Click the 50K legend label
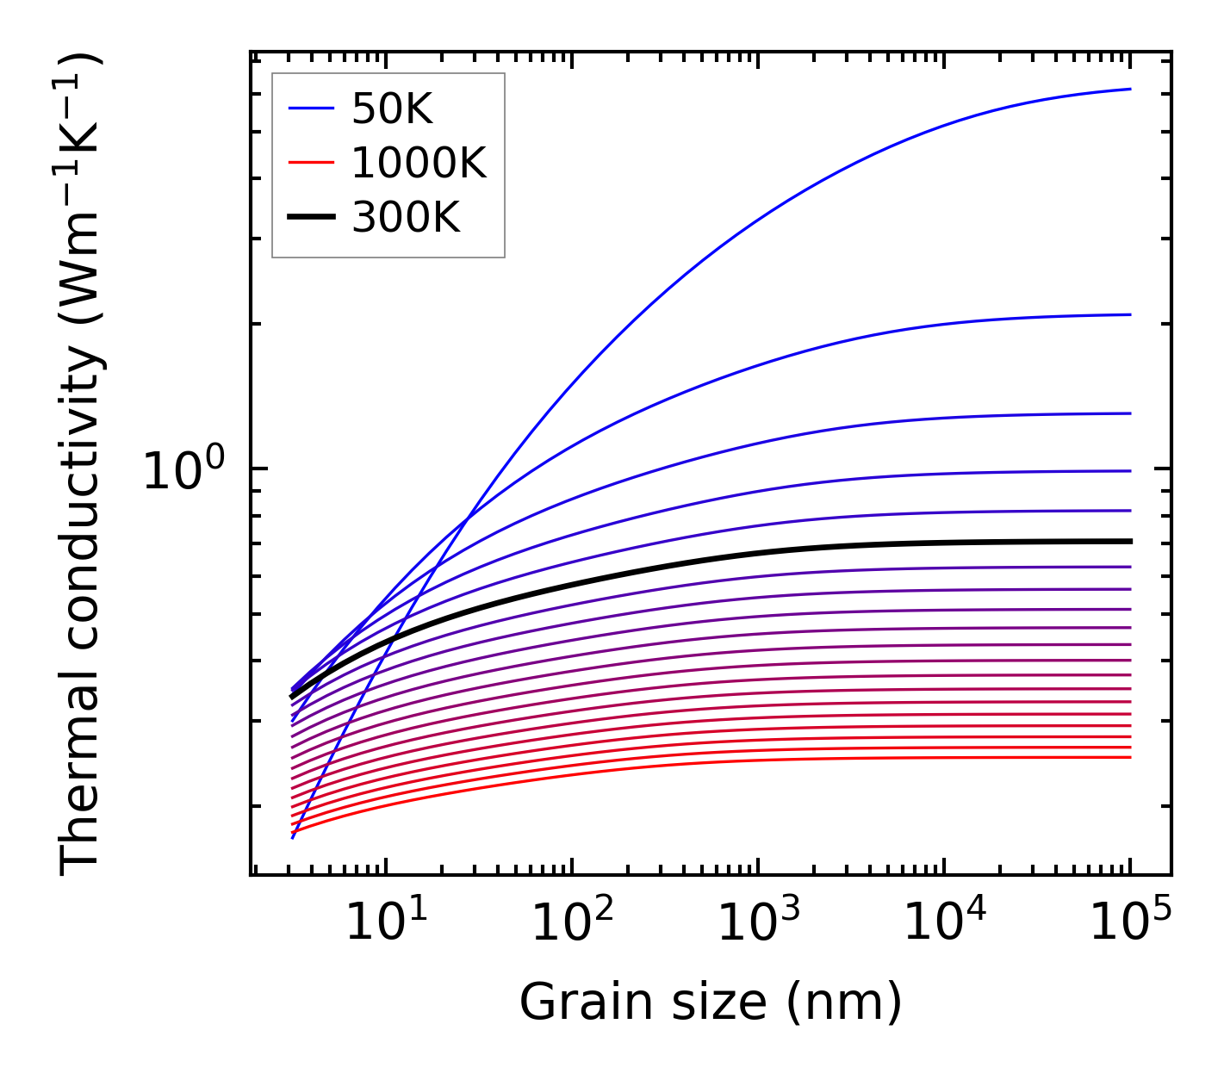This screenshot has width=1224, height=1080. (392, 109)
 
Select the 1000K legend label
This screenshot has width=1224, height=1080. (419, 163)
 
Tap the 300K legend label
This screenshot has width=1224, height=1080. (406, 218)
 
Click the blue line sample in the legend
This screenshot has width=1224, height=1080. (310, 109)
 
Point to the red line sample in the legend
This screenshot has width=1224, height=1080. (310, 163)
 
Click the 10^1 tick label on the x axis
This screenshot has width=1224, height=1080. (385, 925)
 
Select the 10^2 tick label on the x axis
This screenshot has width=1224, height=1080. (572, 925)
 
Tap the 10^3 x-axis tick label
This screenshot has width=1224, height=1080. (758, 925)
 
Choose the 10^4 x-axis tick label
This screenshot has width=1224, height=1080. (944, 925)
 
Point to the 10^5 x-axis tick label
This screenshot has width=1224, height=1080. (1130, 925)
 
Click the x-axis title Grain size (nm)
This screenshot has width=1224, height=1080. (711, 1002)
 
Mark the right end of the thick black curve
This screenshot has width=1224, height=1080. (1129, 541)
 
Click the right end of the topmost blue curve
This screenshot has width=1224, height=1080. (1129, 89)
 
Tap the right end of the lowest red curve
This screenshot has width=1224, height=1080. (1129, 757)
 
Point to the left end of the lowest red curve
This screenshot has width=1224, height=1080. (294, 832)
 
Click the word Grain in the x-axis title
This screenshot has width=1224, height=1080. (572, 1002)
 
